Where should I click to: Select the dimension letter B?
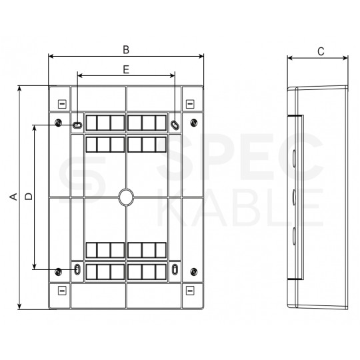tap(125, 49)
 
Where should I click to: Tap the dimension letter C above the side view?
tap(321, 51)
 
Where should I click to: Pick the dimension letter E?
tap(126, 68)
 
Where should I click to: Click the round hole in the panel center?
tap(126, 197)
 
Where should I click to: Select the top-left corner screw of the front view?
tap(59, 123)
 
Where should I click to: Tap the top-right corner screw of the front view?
tap(193, 123)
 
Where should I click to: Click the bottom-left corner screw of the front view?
tap(59, 271)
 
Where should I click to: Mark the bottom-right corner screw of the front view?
tap(193, 271)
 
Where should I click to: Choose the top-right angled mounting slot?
tap(175, 124)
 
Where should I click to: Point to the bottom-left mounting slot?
tap(77, 270)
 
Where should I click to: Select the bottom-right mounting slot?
tap(175, 270)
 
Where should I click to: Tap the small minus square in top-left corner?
tap(61, 104)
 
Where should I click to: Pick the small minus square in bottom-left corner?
tap(61, 290)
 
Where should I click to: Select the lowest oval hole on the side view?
tap(293, 235)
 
